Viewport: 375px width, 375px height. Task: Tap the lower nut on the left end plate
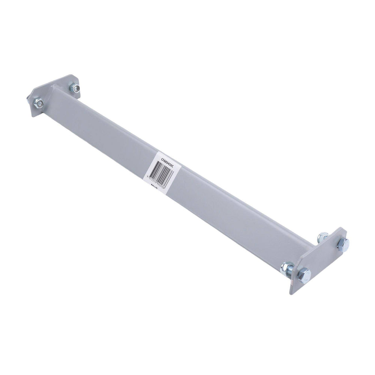click(39, 104)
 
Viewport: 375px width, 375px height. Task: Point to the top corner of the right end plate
click(340, 228)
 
